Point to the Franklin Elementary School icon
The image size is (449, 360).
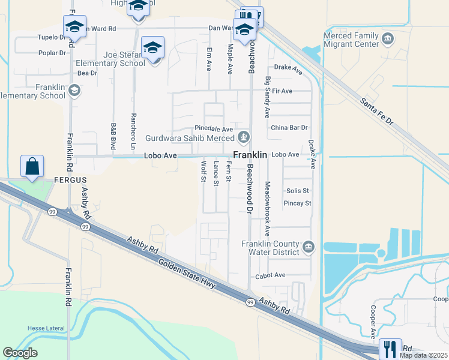(x=74, y=91)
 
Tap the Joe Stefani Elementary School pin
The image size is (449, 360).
(x=153, y=48)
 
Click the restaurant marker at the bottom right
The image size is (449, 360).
(x=390, y=349)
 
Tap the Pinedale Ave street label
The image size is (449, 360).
(x=213, y=129)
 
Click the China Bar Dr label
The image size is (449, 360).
(x=289, y=128)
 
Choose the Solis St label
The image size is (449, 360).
(x=297, y=191)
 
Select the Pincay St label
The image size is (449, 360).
(x=298, y=203)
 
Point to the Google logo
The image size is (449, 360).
(x=20, y=353)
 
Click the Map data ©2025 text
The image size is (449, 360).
(x=423, y=355)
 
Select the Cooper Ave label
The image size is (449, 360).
(x=373, y=321)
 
